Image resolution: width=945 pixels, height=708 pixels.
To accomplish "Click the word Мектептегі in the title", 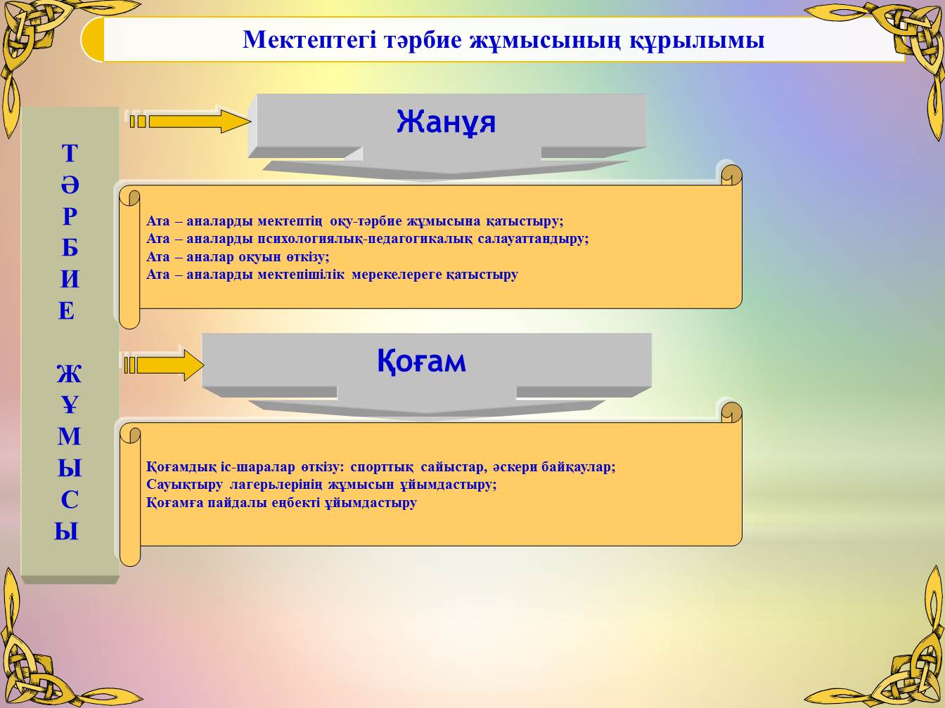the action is (x=310, y=39).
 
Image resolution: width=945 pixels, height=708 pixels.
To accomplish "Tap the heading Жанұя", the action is (x=446, y=122).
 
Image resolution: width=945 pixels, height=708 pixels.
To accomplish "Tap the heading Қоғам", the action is (x=421, y=361).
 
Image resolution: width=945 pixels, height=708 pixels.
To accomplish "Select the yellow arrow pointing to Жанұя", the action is (x=190, y=122).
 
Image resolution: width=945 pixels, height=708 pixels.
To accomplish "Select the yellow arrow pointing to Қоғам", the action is (x=164, y=365).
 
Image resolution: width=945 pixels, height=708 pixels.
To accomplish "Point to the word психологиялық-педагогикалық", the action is (x=365, y=240).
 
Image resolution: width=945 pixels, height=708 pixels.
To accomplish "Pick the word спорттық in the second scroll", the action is (x=382, y=467).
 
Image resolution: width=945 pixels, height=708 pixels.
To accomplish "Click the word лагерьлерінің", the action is (x=276, y=485).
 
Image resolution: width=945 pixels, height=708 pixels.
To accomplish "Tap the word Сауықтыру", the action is (x=184, y=485).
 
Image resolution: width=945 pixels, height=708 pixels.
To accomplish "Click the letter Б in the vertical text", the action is (x=70, y=248).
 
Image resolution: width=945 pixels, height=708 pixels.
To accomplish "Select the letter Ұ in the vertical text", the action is (x=70, y=405).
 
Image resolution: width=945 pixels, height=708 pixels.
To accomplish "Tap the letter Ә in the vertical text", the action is (x=70, y=185).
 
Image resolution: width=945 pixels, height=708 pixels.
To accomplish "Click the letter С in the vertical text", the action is (x=70, y=500).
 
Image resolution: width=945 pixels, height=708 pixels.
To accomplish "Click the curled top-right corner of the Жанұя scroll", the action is (x=731, y=175).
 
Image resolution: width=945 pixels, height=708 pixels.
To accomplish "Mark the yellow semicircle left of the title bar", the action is (x=93, y=39).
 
